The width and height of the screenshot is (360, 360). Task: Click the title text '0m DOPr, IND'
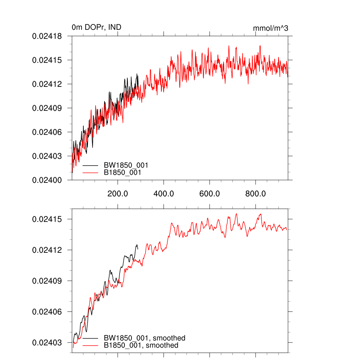96,27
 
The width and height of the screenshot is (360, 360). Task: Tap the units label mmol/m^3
271,28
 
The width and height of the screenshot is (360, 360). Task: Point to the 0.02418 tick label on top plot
47,36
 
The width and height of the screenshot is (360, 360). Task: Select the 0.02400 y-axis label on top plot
47,180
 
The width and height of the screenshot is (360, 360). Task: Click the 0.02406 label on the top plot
47,132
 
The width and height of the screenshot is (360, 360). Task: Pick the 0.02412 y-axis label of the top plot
47,84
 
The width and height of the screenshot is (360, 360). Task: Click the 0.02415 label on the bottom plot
47,219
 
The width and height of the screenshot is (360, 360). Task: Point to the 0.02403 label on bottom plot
47,342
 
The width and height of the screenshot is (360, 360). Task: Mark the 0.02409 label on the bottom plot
47,281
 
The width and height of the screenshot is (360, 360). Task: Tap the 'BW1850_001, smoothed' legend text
144,338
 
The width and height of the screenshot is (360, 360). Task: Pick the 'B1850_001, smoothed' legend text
141,346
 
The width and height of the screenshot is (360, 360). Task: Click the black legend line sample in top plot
90,165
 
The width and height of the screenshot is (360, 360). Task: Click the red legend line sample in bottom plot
90,346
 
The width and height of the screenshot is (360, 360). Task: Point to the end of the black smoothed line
138,249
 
